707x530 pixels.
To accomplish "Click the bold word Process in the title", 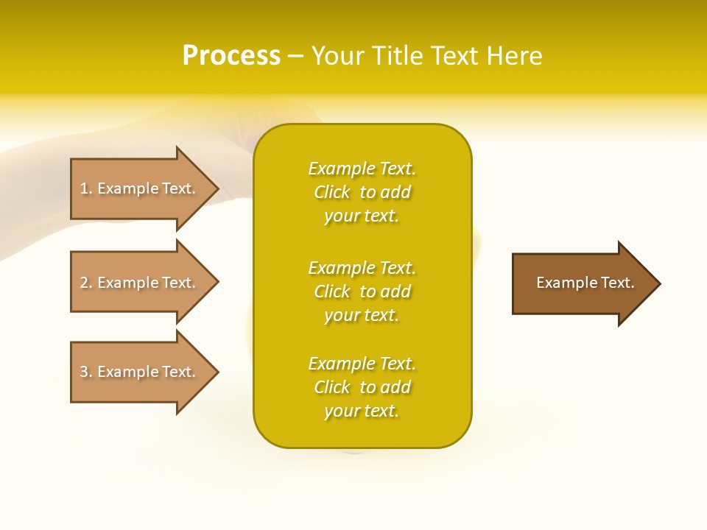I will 231,56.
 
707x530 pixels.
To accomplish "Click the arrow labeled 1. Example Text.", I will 138,188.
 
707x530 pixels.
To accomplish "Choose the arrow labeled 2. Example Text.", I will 138,283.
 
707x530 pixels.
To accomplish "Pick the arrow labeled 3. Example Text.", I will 138,372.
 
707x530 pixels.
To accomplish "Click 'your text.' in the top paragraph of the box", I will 362,216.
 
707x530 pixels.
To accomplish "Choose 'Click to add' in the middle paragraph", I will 362,291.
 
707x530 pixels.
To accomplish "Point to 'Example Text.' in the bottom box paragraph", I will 362,364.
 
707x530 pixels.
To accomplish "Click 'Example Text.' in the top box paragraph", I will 362,169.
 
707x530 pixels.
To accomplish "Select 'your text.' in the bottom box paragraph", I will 362,411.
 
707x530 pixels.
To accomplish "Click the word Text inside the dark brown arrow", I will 618,283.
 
